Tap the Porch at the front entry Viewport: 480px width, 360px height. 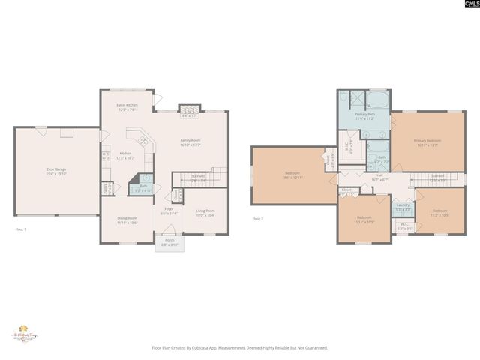pyautogui.click(x=169, y=243)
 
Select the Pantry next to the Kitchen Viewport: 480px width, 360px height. pyautogui.click(x=108, y=188)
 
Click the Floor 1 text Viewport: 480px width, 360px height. pyautogui.click(x=20, y=229)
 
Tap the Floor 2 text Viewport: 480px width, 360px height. pyautogui.click(x=257, y=218)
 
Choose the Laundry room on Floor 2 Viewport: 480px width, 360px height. pyautogui.click(x=403, y=206)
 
